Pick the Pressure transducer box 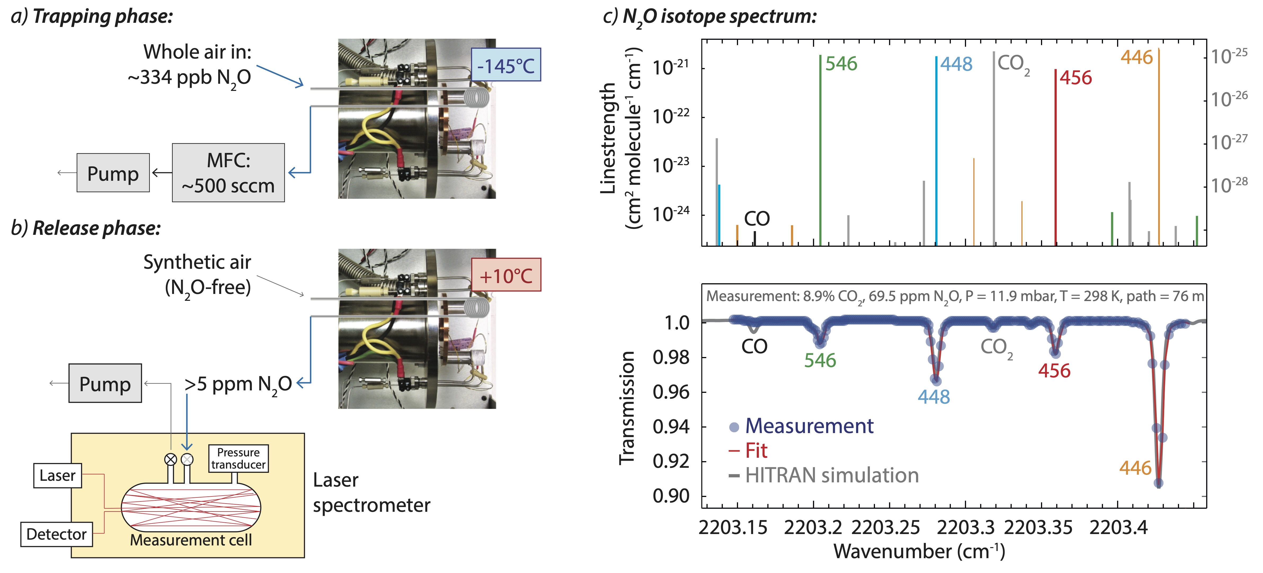(x=238, y=458)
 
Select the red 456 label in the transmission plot (x=1054, y=371)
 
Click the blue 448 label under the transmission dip (x=933, y=396)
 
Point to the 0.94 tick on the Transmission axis (x=671, y=427)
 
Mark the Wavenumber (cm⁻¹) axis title (x=919, y=552)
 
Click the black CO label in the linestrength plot (x=757, y=218)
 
